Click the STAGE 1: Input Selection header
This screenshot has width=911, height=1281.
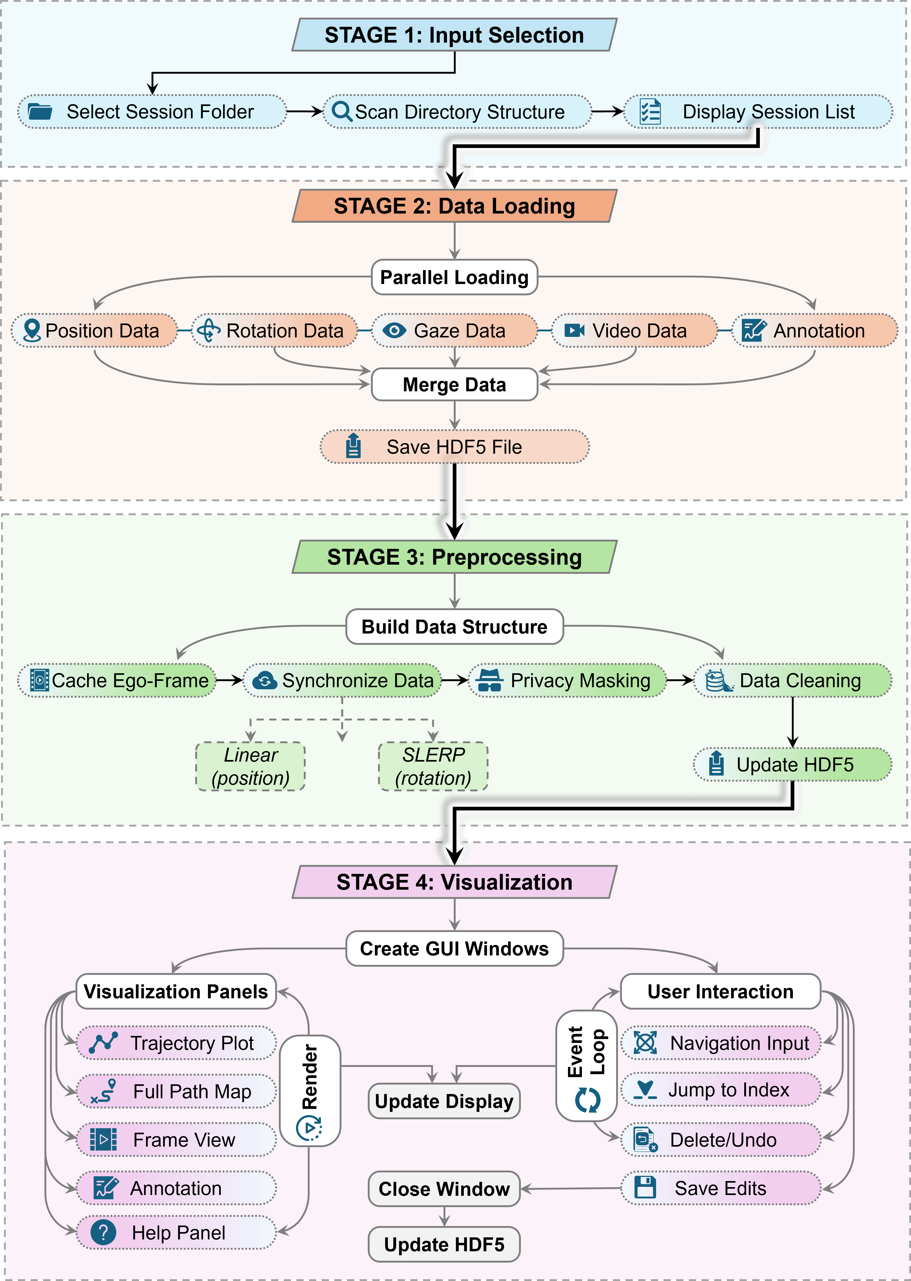pyautogui.click(x=454, y=35)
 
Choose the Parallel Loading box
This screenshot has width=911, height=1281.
pyautogui.click(x=454, y=277)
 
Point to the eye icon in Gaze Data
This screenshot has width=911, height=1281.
pyautogui.click(x=394, y=330)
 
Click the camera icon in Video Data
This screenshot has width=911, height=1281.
pyautogui.click(x=575, y=330)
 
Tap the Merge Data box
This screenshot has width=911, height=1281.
pyautogui.click(x=454, y=385)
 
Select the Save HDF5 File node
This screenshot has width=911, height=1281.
pyautogui.click(x=454, y=447)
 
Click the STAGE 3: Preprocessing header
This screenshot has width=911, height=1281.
pyautogui.click(x=454, y=557)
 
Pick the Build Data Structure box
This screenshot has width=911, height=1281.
pyautogui.click(x=454, y=626)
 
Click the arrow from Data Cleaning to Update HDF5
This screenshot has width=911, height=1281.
pyautogui.click(x=793, y=722)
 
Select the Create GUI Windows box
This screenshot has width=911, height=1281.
pyautogui.click(x=454, y=948)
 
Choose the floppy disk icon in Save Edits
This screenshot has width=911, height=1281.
pyautogui.click(x=645, y=1187)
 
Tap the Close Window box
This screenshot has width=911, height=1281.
pyautogui.click(x=444, y=1188)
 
